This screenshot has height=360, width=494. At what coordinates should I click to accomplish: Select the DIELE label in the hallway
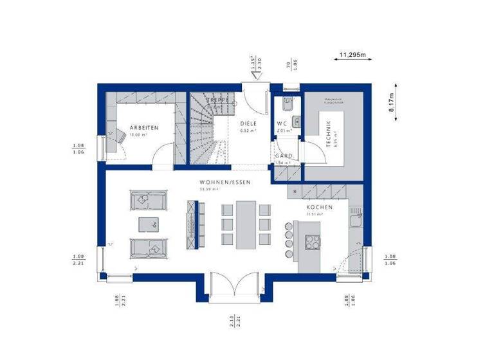tap(248, 123)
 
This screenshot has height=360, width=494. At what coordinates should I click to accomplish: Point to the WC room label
tap(282, 123)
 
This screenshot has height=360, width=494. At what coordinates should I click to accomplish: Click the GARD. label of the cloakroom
tap(284, 156)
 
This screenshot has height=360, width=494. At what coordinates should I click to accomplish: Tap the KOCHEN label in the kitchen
tap(319, 208)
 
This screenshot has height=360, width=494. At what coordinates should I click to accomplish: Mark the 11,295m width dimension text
tap(352, 55)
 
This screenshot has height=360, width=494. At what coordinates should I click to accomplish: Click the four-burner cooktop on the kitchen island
tap(313, 242)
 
